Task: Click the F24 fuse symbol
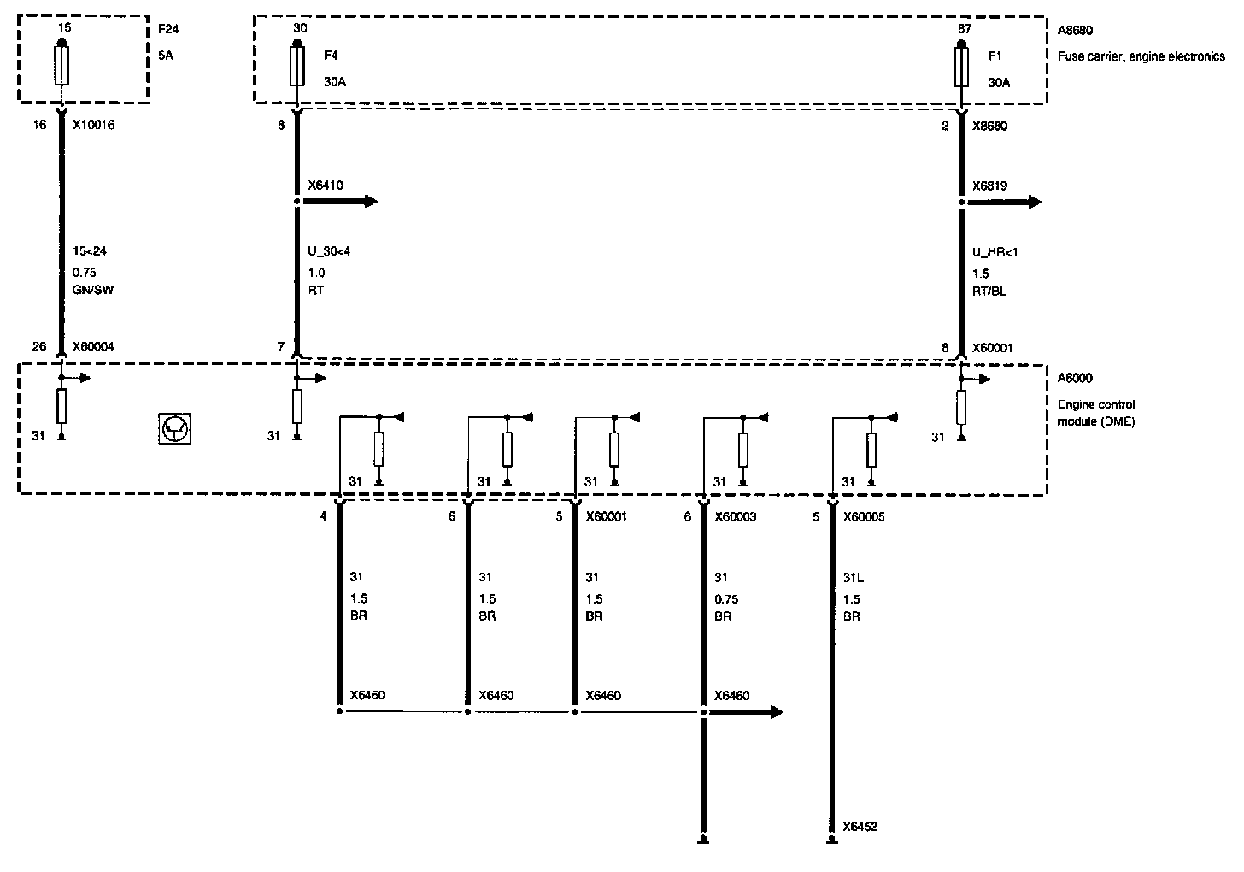(62, 66)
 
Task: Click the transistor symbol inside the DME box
(175, 428)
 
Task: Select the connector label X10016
(93, 126)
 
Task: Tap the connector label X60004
(93, 347)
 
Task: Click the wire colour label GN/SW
(93, 290)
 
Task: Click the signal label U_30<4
(328, 252)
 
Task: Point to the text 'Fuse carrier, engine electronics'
(1141, 57)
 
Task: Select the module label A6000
(1075, 379)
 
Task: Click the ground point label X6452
(860, 827)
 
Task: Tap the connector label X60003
(735, 517)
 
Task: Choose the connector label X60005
(863, 517)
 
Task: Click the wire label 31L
(854, 578)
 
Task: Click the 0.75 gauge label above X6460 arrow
(726, 599)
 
